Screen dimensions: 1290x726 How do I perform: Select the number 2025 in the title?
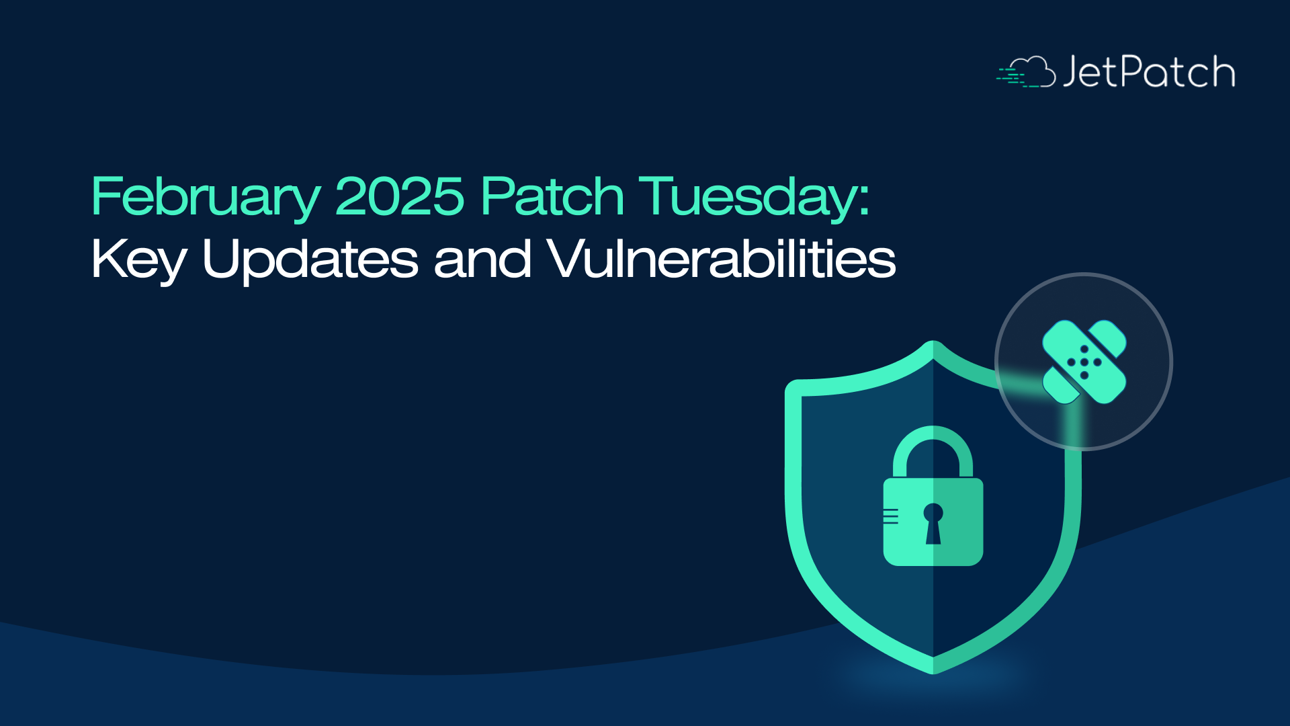399,196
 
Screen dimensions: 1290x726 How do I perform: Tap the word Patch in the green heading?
552,196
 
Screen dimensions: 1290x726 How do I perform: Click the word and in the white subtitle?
482,259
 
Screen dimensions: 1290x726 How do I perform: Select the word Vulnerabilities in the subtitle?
722,259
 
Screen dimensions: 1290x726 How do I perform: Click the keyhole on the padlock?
933,524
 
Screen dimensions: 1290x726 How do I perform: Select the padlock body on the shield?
933,522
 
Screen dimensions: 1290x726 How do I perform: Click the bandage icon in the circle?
1084,362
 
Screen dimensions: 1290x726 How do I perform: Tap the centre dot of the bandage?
1084,362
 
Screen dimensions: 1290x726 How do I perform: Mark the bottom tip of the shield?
933,673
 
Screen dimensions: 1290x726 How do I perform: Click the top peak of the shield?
933,342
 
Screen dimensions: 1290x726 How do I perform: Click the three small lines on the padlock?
891,516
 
